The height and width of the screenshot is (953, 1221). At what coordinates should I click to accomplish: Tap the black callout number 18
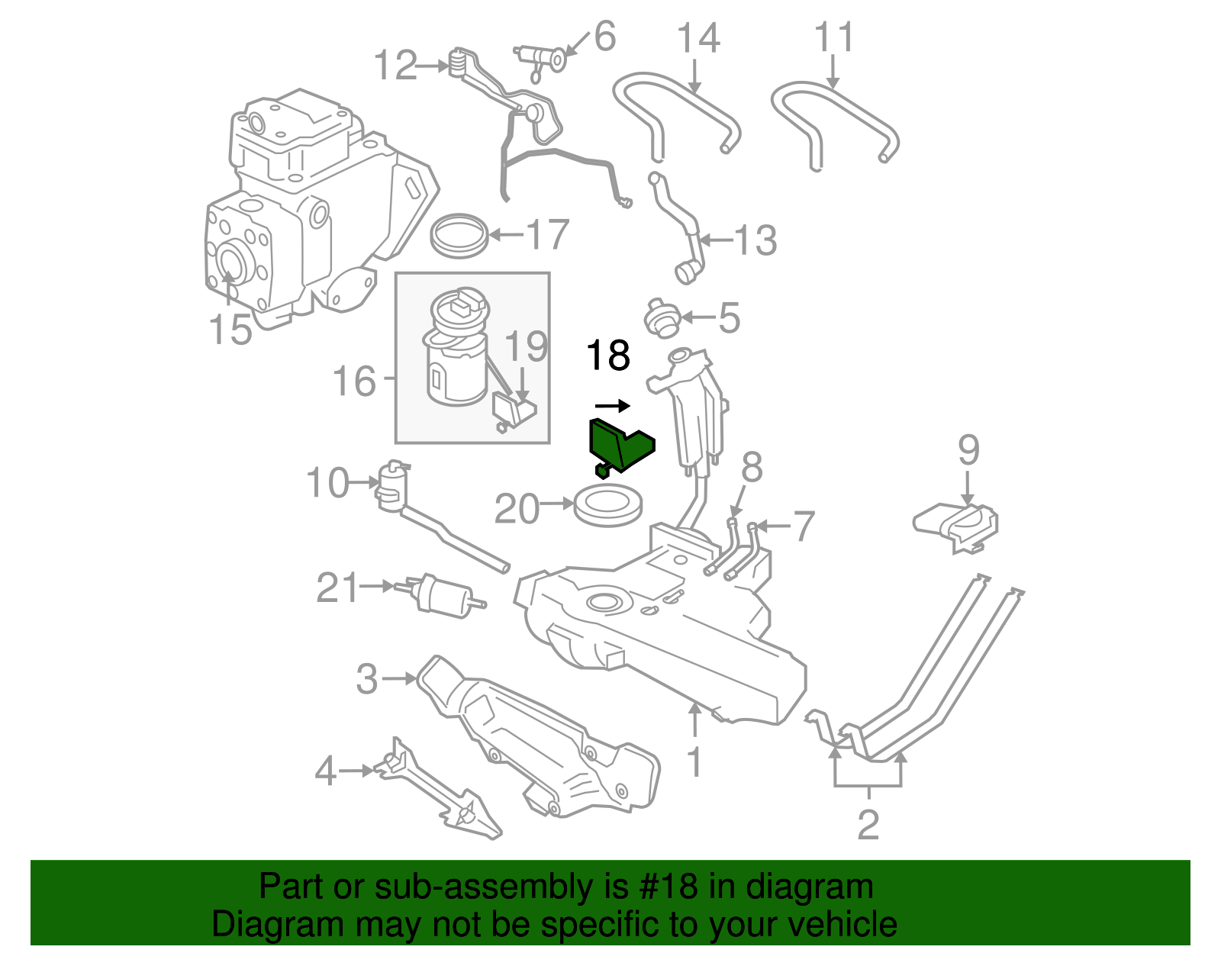click(607, 356)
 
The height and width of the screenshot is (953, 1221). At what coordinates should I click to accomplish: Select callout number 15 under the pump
click(230, 330)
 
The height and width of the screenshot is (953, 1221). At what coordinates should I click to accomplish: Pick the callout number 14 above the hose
click(698, 37)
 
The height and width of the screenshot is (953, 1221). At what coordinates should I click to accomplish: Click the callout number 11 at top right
click(833, 37)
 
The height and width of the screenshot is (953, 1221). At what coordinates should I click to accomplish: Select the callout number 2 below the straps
click(868, 825)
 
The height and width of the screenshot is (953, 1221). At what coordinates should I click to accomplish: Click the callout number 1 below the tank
click(694, 762)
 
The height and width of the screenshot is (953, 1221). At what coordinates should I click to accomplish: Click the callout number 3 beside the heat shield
click(367, 678)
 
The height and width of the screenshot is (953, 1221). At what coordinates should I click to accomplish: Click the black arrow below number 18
click(612, 405)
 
